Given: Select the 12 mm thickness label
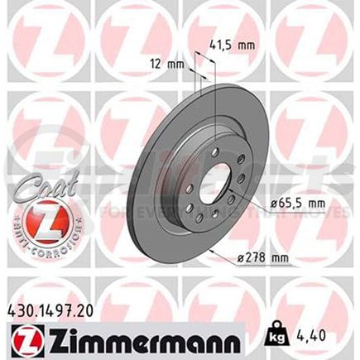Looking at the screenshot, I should [164, 64].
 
